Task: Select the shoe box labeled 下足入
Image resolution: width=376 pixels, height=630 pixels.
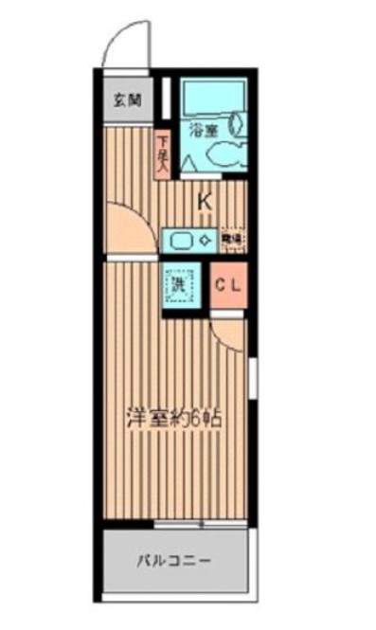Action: tap(162, 153)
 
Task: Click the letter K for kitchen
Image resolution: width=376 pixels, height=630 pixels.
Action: tap(205, 201)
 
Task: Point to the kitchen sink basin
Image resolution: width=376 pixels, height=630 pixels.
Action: tap(179, 240)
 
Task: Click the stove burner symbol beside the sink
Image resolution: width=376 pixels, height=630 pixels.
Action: tap(203, 240)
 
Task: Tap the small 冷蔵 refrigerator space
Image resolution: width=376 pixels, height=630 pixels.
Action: tap(232, 238)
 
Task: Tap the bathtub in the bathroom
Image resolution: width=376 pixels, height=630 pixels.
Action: tap(213, 97)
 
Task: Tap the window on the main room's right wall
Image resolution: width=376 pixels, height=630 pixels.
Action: tap(253, 376)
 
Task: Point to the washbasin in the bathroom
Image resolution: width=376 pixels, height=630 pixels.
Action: tap(238, 122)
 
